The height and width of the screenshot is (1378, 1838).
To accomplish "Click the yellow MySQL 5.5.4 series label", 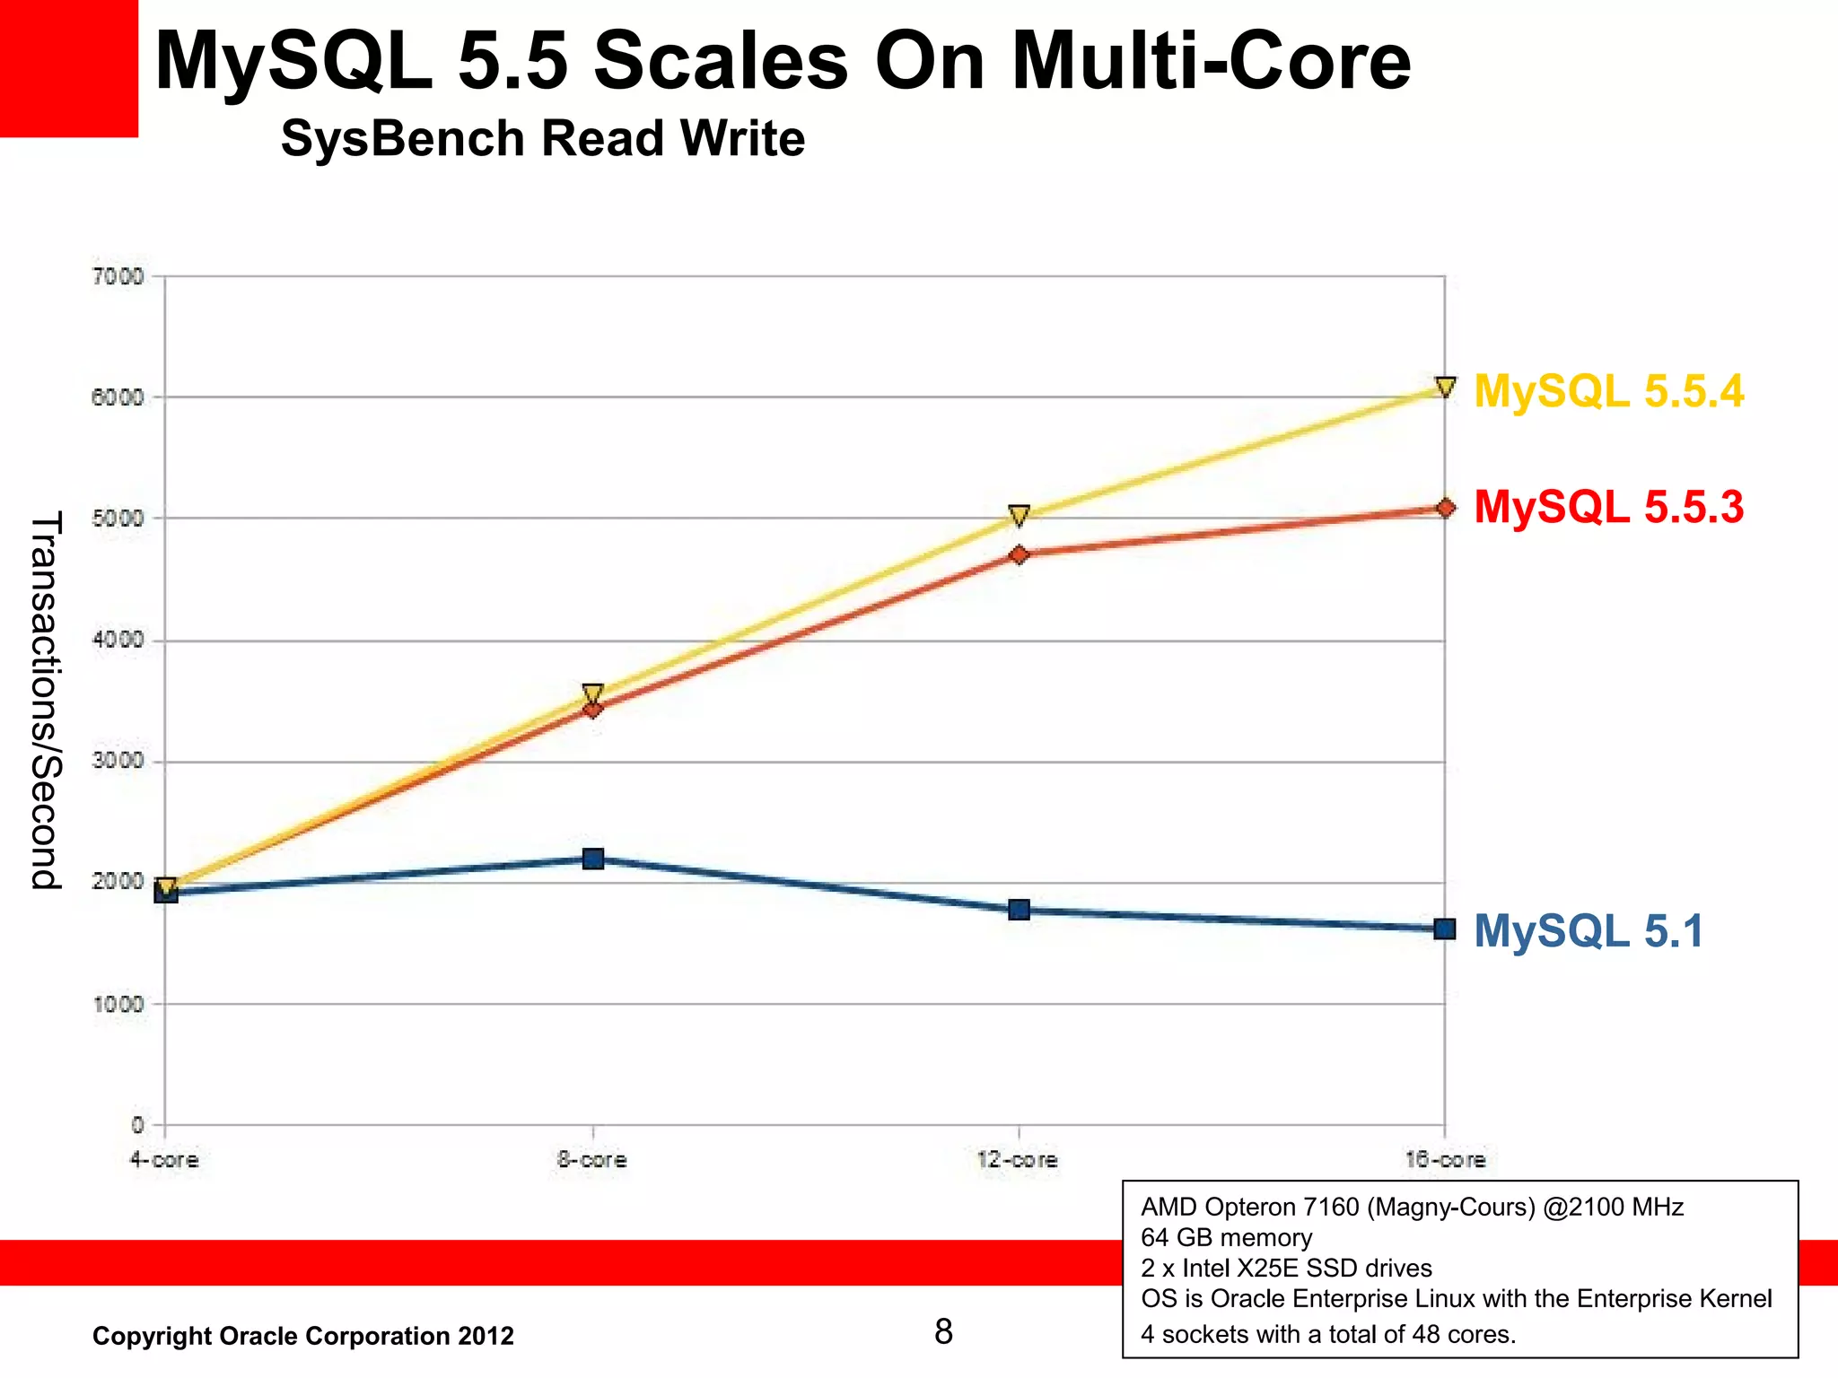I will [x=1608, y=392].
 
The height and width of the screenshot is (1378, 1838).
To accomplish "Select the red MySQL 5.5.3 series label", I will [x=1608, y=507].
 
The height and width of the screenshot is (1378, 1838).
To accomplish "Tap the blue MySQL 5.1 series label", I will [x=1588, y=930].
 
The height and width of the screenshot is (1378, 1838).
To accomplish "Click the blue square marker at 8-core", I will [x=593, y=859].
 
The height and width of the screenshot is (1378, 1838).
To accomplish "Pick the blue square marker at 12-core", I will [x=1019, y=910].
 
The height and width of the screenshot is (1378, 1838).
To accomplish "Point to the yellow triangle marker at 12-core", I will [x=1019, y=515].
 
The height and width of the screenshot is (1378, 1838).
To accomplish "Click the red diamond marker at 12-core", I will [x=1019, y=554].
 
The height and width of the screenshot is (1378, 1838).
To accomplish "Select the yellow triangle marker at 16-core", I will [x=1445, y=387].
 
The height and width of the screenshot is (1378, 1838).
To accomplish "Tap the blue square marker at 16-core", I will [x=1445, y=929].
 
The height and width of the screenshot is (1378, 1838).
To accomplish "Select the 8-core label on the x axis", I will [x=591, y=1160].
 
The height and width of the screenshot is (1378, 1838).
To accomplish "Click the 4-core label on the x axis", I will [x=163, y=1160].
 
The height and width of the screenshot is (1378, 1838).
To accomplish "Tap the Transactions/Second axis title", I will [x=45, y=700].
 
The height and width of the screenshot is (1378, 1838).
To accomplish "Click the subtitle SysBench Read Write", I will [x=542, y=139].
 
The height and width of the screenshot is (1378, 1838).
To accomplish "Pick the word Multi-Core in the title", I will [x=1211, y=61].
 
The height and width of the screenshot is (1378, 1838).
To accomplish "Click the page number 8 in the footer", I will [x=943, y=1331].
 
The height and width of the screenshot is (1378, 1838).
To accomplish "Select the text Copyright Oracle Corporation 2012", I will [x=303, y=1336].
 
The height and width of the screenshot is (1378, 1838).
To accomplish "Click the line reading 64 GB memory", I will [x=1226, y=1238].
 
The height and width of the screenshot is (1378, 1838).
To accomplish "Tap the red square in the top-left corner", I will [x=68, y=68].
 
